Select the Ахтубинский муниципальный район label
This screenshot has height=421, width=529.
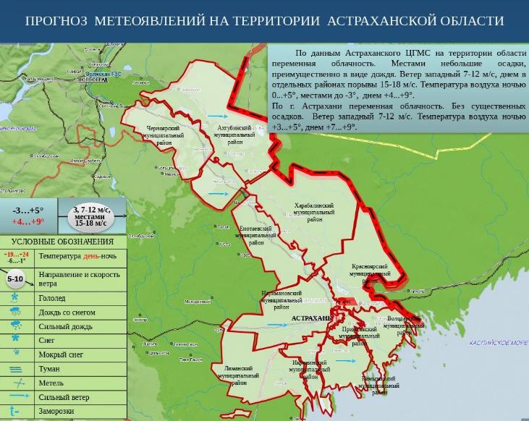coord(234,135)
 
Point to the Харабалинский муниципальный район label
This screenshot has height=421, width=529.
coord(314,212)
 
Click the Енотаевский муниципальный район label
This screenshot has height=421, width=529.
coord(256,235)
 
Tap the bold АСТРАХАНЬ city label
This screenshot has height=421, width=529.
coord(312,318)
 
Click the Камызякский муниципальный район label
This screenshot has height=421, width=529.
coord(379,385)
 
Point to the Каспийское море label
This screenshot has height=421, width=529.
coord(499,342)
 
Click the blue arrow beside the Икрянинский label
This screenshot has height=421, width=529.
coord(345,361)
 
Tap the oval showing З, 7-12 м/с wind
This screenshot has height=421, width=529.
coord(90,216)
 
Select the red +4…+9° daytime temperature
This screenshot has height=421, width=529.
coord(28,222)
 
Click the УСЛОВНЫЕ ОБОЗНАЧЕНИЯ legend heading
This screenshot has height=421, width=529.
coord(62,242)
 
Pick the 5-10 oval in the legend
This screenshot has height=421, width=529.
coord(15,278)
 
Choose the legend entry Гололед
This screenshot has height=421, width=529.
coord(52,298)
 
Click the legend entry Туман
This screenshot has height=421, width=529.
coord(49,369)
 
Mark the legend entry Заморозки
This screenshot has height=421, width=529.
coord(56,411)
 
